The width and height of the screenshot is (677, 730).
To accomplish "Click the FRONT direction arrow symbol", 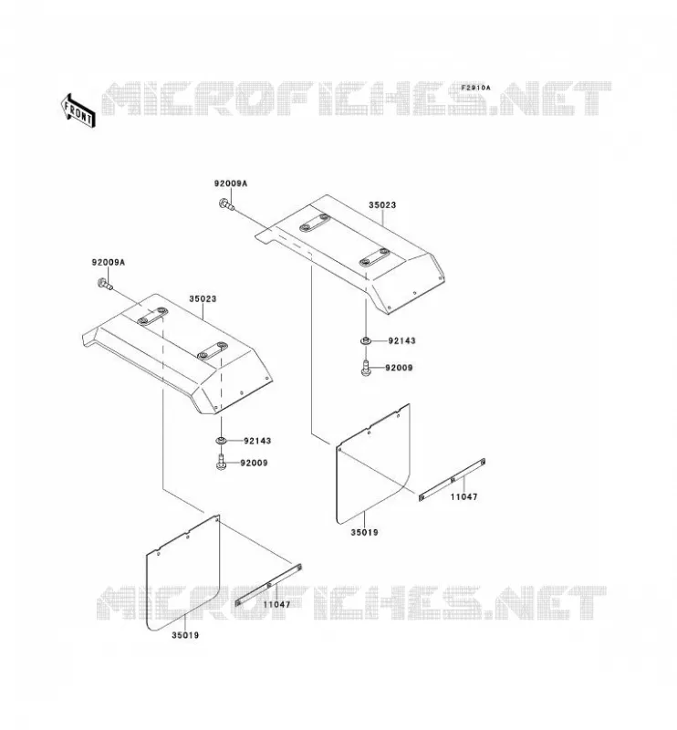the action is [78, 110].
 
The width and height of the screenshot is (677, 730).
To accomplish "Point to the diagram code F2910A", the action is [476, 88].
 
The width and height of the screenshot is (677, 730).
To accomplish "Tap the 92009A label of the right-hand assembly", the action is [231, 183].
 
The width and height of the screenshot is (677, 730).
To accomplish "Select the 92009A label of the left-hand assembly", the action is [108, 263].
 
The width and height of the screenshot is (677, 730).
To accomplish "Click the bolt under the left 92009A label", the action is [105, 284].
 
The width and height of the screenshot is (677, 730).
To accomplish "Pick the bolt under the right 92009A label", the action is [226, 204].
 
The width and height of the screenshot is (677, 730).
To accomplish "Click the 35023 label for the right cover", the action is [382, 204].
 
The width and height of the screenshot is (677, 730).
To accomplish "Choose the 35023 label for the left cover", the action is [203, 299].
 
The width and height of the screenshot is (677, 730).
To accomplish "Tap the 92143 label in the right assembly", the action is [401, 340].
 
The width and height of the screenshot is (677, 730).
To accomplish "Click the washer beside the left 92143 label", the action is [221, 441].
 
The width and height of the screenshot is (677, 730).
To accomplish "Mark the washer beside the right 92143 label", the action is [366, 340].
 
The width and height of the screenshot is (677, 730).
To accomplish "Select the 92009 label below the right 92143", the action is [399, 368].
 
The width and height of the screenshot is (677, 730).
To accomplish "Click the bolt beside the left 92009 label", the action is [221, 463].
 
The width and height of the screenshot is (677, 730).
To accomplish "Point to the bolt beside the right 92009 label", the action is [366, 368].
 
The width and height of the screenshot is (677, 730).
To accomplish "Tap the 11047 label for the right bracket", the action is [463, 496].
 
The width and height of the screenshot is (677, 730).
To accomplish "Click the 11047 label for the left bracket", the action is [276, 605].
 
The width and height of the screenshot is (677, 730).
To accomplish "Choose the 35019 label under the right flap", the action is [365, 532].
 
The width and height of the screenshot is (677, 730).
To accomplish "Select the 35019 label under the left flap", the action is [185, 635].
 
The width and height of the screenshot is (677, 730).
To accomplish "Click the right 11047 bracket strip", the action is [453, 480].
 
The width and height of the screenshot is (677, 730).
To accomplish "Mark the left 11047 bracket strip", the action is [268, 585].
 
